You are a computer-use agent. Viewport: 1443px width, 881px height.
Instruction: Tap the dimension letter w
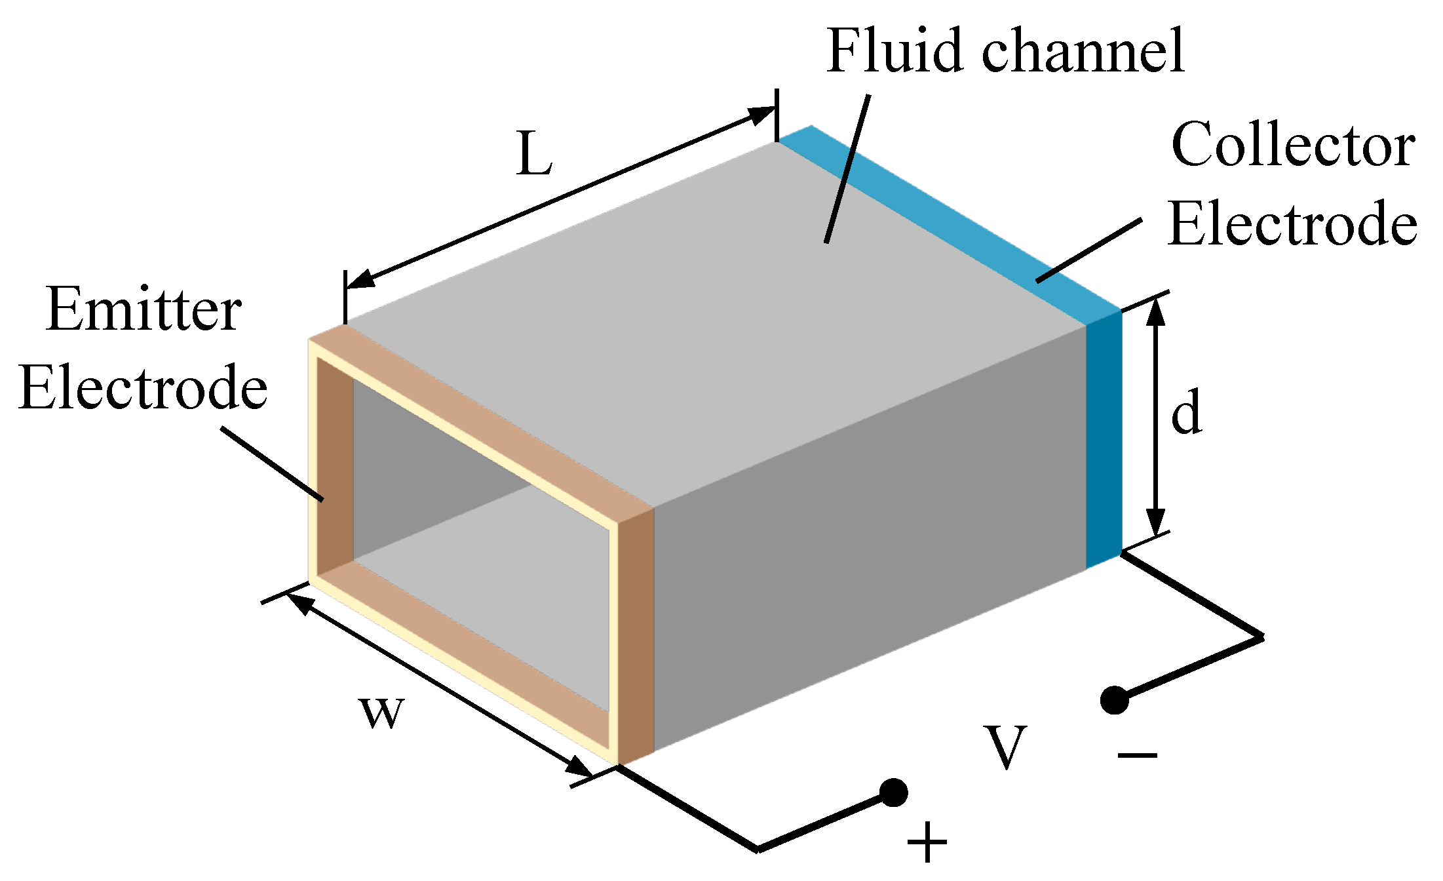(x=382, y=713)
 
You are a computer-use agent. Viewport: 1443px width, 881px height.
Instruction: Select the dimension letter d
(x=1187, y=411)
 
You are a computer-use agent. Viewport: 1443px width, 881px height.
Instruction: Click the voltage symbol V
(x=1005, y=747)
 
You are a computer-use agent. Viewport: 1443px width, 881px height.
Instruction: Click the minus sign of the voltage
(x=1138, y=755)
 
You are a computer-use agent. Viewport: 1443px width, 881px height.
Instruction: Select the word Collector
(x=1293, y=144)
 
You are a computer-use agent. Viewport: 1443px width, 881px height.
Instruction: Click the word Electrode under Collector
(x=1293, y=224)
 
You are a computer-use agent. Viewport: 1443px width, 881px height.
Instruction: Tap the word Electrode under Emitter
(x=143, y=387)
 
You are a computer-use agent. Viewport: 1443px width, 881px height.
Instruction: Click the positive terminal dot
(x=893, y=793)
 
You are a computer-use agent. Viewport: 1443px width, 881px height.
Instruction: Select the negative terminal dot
(x=1114, y=699)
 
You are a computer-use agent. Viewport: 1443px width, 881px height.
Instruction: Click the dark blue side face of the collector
(x=1104, y=439)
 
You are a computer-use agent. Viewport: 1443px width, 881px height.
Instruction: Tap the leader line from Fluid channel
(x=847, y=169)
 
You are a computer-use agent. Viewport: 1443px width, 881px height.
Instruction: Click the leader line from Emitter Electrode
(x=272, y=464)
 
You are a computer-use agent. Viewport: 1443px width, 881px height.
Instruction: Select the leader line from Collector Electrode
(x=1088, y=251)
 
